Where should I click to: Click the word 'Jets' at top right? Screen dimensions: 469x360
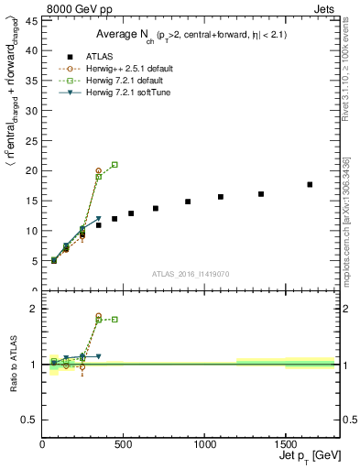[x=324, y=7]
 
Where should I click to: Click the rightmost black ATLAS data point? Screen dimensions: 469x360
[x=310, y=184]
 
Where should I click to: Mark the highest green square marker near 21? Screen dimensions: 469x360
[x=115, y=165]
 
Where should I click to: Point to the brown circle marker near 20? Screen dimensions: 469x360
[x=98, y=170]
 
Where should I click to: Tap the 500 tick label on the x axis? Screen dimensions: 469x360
[x=124, y=445]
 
